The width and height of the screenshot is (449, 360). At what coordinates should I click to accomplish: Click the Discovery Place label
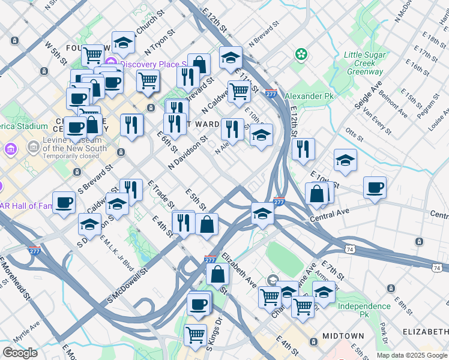[153, 64]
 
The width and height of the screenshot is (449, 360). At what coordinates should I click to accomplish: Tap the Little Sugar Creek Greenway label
[364, 63]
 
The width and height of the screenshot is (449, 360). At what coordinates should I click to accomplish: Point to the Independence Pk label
[364, 310]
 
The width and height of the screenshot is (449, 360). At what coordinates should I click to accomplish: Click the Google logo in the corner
[20, 353]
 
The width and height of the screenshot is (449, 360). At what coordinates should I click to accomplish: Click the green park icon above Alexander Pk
[301, 55]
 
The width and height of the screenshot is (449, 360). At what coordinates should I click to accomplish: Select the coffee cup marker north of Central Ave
[375, 187]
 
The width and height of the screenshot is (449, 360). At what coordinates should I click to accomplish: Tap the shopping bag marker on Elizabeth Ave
[217, 274]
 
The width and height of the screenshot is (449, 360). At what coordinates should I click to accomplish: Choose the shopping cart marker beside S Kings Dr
[194, 334]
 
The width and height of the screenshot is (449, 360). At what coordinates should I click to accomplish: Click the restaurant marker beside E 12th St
[303, 148]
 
